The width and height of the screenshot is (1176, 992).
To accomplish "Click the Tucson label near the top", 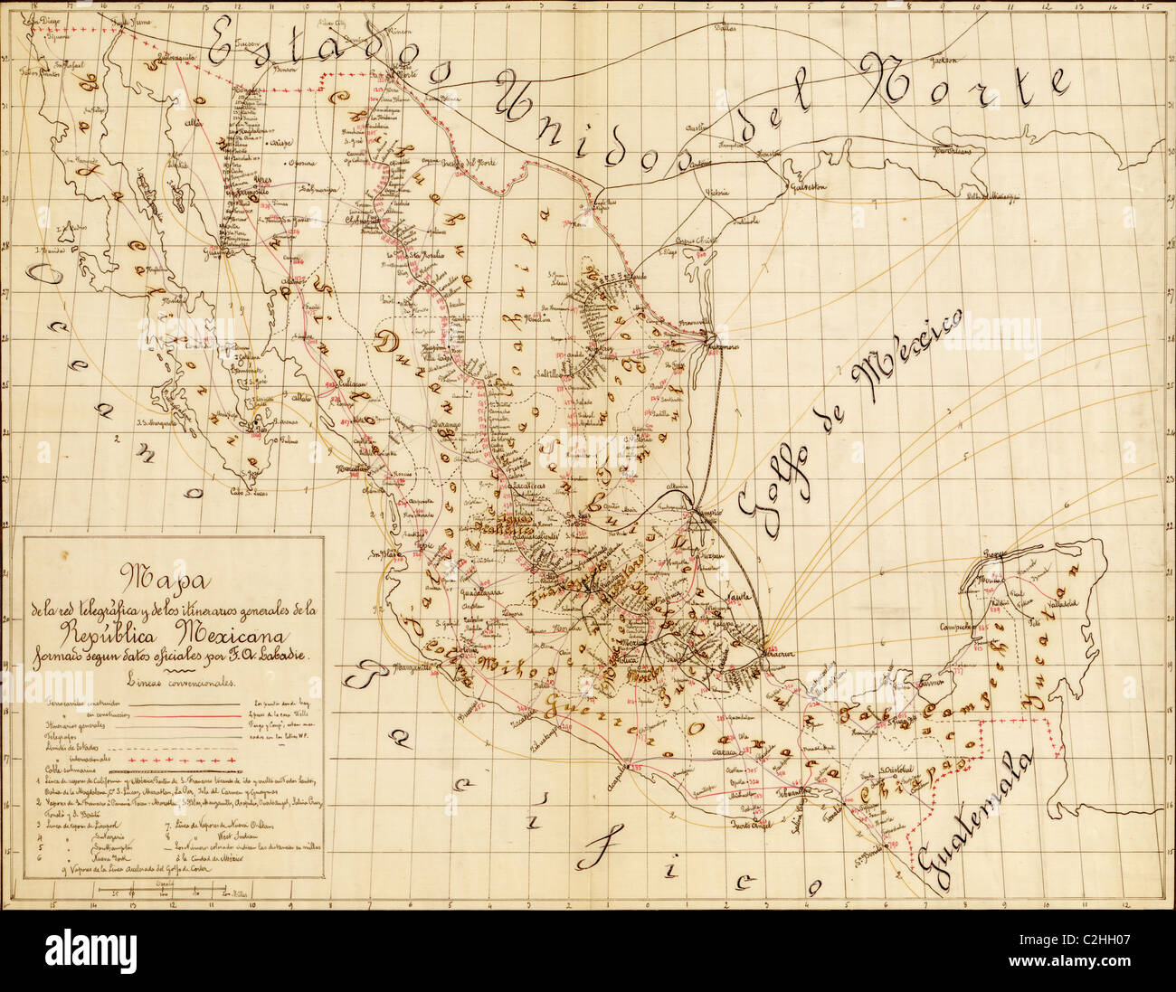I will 247,43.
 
